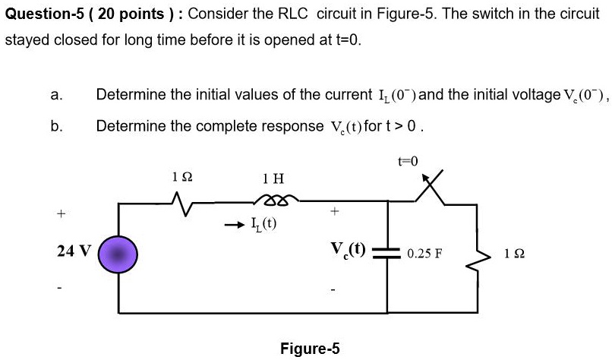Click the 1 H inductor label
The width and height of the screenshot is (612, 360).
pyautogui.click(x=273, y=178)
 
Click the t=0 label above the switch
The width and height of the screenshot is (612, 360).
pyautogui.click(x=408, y=160)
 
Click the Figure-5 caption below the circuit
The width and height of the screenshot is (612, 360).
pyautogui.click(x=310, y=349)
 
